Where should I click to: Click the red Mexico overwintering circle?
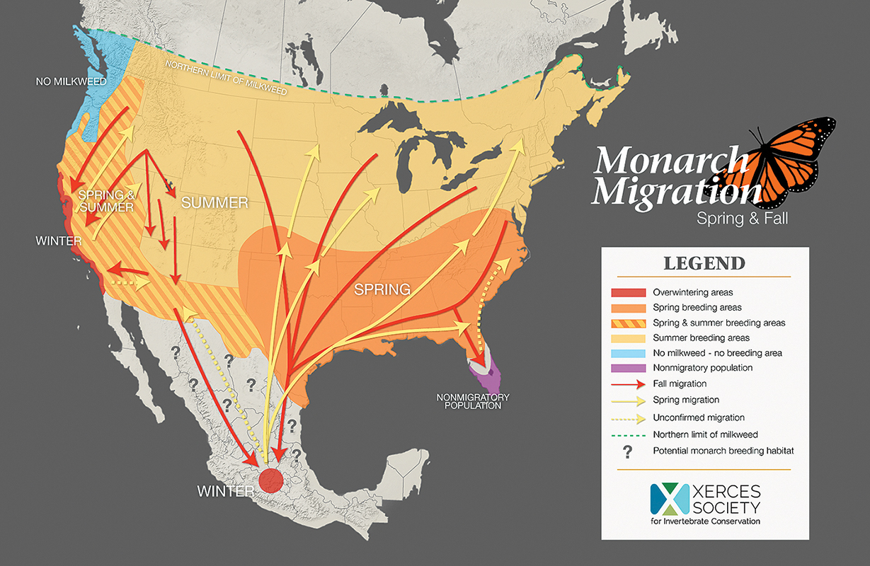pyautogui.click(x=269, y=480)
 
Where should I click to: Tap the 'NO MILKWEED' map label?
pyautogui.click(x=71, y=82)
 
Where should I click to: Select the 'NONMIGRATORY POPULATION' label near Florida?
pyautogui.click(x=473, y=401)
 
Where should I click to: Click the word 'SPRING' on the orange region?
pyautogui.click(x=382, y=289)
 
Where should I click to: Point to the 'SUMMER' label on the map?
pyautogui.click(x=214, y=203)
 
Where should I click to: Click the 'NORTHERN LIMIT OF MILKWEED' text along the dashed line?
pyautogui.click(x=226, y=78)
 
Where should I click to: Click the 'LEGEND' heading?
pyautogui.click(x=704, y=264)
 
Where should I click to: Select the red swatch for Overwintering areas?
pyautogui.click(x=629, y=292)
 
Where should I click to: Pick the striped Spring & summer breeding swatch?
pyautogui.click(x=629, y=323)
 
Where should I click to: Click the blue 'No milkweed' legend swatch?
pyautogui.click(x=629, y=353)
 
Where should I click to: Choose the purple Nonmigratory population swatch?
pyautogui.click(x=629, y=368)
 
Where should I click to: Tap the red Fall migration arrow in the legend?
pyautogui.click(x=629, y=384)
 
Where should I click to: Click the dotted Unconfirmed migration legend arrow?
pyautogui.click(x=629, y=417)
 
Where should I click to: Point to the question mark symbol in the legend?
pyautogui.click(x=629, y=451)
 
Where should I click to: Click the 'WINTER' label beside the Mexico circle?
pyautogui.click(x=224, y=490)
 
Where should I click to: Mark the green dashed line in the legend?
pyautogui.click(x=629, y=434)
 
